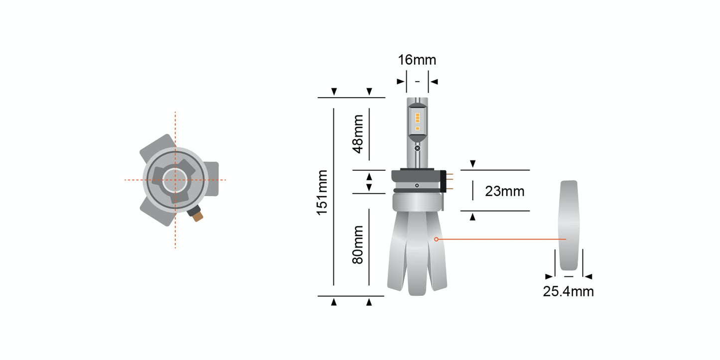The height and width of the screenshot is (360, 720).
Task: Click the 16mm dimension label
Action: point(417,60)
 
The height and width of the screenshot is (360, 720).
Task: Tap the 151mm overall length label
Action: point(322,192)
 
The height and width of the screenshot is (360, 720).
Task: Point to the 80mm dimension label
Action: point(358,244)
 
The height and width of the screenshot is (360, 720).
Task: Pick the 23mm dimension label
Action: point(504,191)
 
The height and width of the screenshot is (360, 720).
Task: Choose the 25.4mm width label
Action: point(568,291)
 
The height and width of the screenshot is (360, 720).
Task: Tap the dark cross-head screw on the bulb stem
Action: point(418,148)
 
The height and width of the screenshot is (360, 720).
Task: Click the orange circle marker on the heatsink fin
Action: point(436,240)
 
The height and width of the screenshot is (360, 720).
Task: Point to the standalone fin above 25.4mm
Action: point(569,224)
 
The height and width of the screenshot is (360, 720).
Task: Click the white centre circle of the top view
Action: point(174,179)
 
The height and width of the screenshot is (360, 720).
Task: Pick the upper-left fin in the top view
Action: point(156,147)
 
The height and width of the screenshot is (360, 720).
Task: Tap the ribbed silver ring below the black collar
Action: point(417,201)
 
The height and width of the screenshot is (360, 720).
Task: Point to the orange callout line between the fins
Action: point(498,240)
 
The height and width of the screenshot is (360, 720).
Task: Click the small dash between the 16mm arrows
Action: point(418,81)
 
